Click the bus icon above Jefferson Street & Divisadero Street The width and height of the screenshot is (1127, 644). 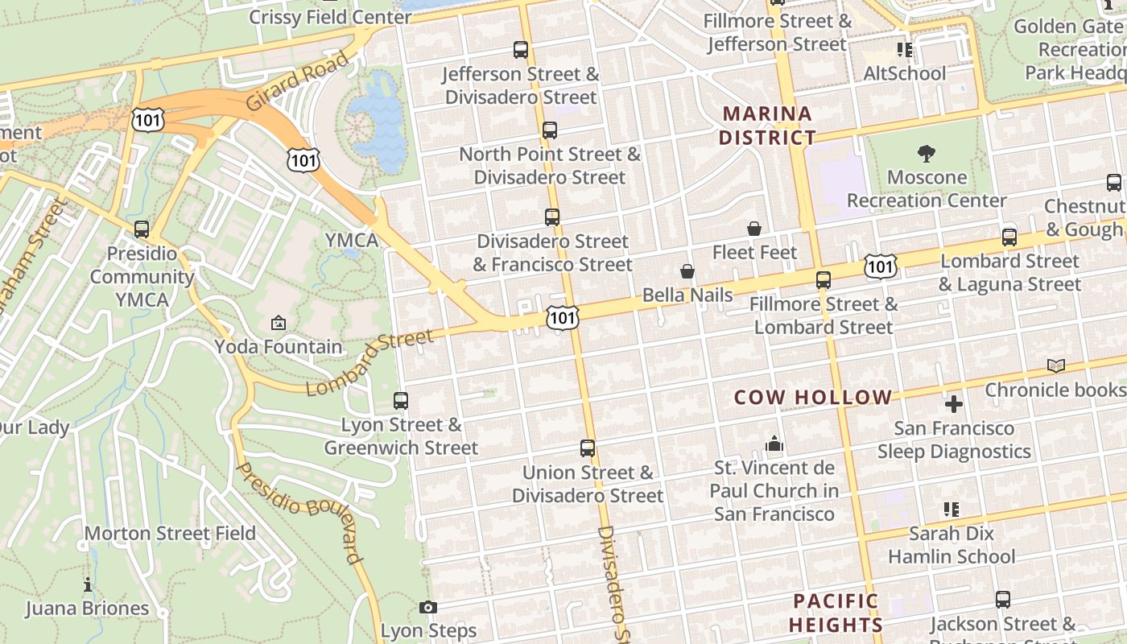[x=521, y=50]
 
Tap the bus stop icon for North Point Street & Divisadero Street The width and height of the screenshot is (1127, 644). [x=550, y=130]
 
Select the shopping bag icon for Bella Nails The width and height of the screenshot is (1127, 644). [x=687, y=271]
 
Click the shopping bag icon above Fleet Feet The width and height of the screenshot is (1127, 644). [x=754, y=229]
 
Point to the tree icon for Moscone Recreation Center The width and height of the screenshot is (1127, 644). [x=927, y=153]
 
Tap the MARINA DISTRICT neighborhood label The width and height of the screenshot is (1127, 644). [x=767, y=125]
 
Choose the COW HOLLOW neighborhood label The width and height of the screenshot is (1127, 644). [x=813, y=397]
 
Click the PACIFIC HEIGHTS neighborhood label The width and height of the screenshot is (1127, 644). [x=836, y=613]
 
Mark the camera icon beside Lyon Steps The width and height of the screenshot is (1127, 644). [x=428, y=607]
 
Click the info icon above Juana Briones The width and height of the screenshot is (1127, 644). [x=88, y=584]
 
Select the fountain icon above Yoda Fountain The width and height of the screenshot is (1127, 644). [x=279, y=323]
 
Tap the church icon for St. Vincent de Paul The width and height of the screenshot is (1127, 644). [x=774, y=444]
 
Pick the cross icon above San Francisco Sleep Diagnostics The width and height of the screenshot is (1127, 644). [x=954, y=404]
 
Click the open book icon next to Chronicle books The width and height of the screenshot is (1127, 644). [x=1056, y=366]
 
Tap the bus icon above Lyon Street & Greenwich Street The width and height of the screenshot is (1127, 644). [x=401, y=400]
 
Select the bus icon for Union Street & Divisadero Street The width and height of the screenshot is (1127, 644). [x=588, y=448]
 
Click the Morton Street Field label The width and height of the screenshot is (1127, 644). [x=170, y=533]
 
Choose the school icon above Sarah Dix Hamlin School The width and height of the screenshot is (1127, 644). [x=952, y=509]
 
